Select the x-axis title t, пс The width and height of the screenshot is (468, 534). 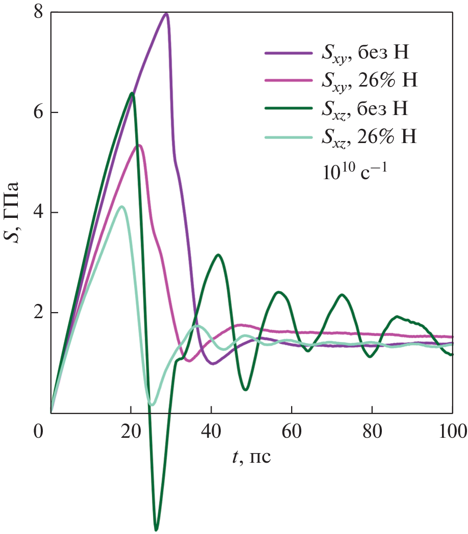(x=250, y=457)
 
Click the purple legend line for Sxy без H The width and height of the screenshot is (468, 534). (x=289, y=52)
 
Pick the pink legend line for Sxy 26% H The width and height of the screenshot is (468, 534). (x=289, y=80)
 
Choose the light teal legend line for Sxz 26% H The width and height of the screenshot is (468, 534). (x=289, y=136)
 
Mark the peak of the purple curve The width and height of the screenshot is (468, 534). (x=166, y=14)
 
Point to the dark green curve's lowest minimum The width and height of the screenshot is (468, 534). (x=156, y=529)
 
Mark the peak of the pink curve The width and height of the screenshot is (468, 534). (x=139, y=145)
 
